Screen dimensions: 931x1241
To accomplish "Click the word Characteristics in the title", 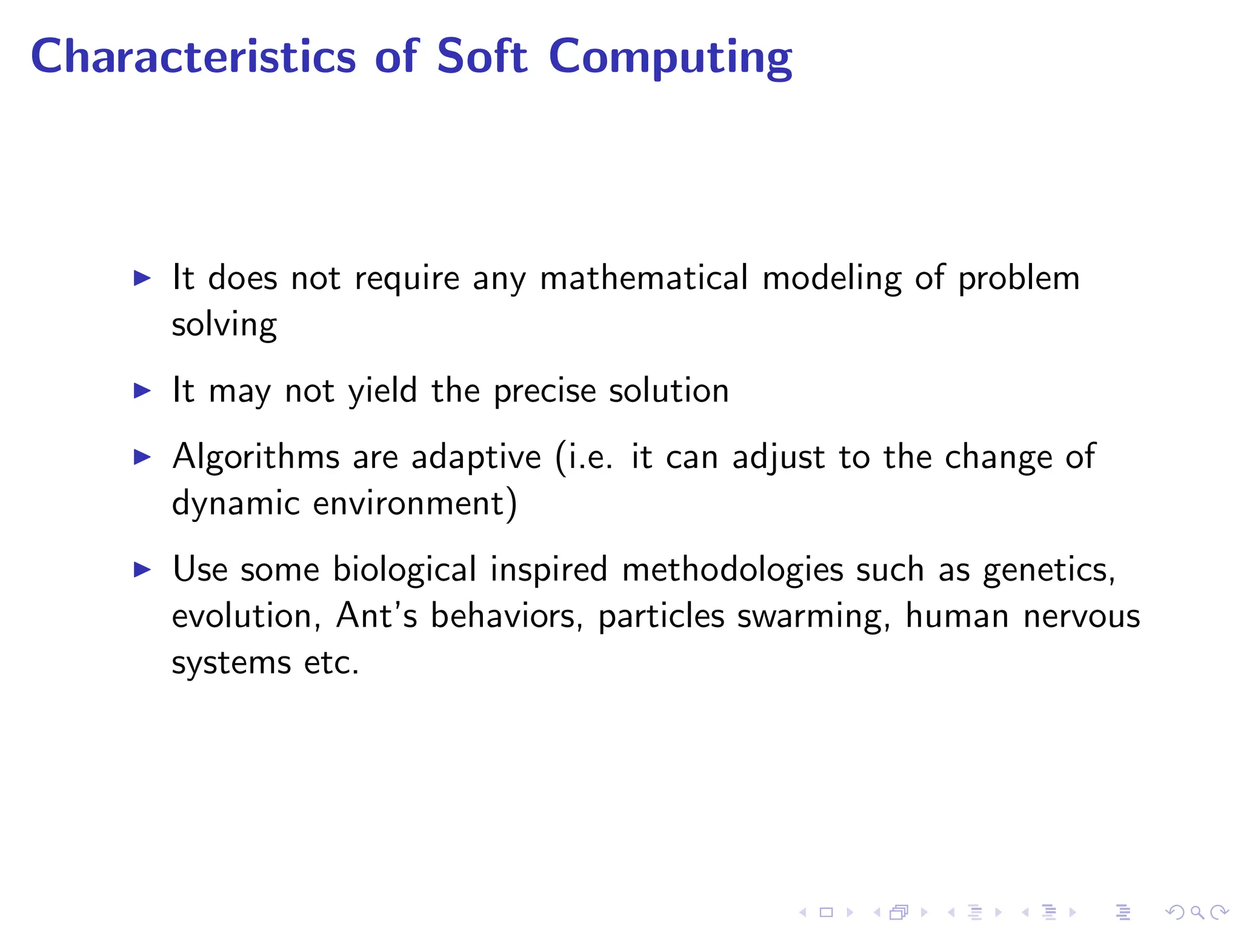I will tap(193, 56).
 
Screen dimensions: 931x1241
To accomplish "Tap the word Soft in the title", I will tap(482, 56).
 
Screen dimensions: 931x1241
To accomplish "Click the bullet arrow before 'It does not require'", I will tap(142, 279).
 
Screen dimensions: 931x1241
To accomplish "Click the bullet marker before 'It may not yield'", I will tap(142, 391).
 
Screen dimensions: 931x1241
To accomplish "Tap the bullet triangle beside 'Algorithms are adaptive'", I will tap(142, 458).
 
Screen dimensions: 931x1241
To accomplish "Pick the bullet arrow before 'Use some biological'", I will tap(142, 570).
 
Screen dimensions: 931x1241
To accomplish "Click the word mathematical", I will tap(644, 279).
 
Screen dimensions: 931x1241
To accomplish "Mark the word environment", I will tap(409, 504).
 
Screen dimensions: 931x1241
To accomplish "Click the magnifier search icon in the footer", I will tap(1197, 912).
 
